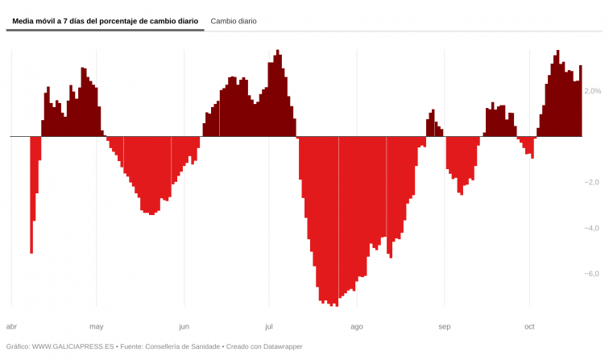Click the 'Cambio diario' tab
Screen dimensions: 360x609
pos(234,21)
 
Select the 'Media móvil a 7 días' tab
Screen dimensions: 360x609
pos(105,21)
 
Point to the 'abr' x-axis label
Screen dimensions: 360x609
pos(11,326)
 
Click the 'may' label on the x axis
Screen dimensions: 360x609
pos(97,326)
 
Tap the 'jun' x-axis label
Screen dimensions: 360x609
pos(184,326)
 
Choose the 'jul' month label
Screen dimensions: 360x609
pos(269,326)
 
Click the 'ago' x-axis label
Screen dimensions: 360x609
pos(357,326)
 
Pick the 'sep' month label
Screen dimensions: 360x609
pos(444,326)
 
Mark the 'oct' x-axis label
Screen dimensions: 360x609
pos(529,326)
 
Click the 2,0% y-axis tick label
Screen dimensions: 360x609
pos(593,91)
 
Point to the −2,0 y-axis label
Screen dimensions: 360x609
pos(592,182)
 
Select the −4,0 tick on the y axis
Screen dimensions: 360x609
pos(592,228)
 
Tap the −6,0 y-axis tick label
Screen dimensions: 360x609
pos(592,274)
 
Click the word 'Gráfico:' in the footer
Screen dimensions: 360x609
pos(18,346)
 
